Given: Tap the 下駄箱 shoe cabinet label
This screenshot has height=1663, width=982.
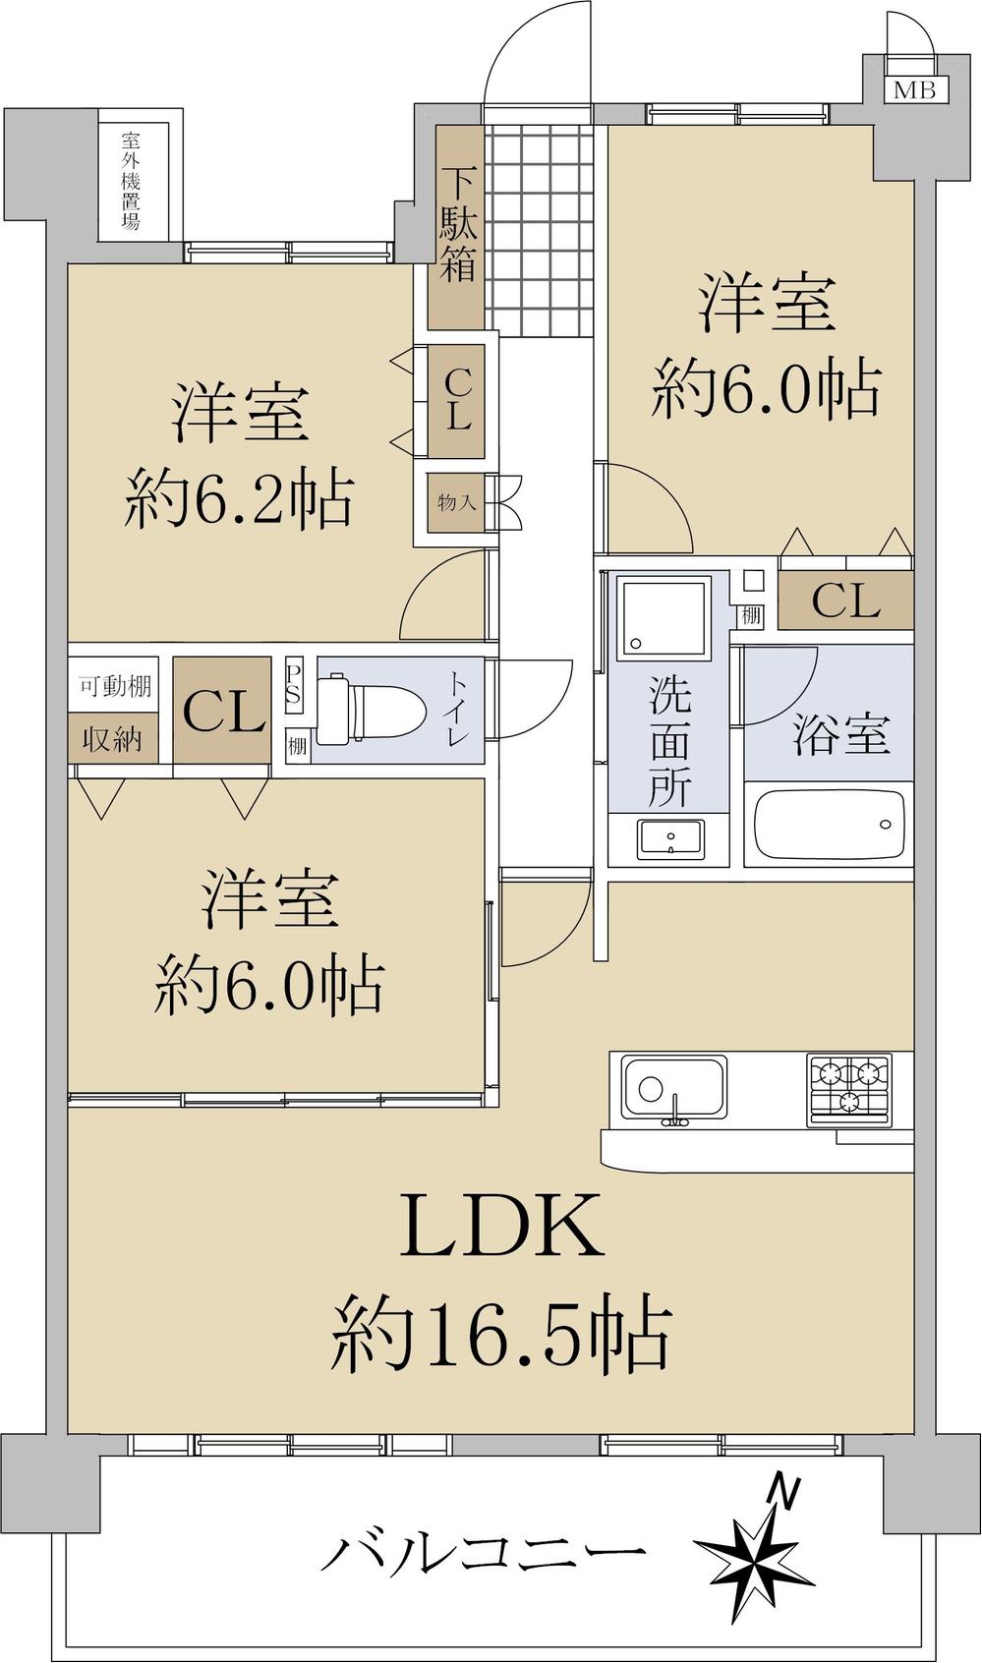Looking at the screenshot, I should coord(458,226).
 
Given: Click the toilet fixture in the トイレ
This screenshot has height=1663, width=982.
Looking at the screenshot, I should coord(375,708).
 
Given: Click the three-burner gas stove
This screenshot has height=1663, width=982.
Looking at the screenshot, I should coord(849,1089).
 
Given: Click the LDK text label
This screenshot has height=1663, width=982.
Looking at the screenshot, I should coord(500,1225).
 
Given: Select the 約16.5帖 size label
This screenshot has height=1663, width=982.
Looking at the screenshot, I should coord(500,1333).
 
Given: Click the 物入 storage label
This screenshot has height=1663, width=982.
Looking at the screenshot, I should coord(457,503).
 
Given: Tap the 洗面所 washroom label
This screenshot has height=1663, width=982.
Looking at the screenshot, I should coord(669,743).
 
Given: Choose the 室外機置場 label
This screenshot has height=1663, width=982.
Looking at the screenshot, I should coord(131,181).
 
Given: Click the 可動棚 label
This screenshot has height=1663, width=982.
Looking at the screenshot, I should coord(115,686).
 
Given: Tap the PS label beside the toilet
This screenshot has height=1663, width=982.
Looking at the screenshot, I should coord(293,682).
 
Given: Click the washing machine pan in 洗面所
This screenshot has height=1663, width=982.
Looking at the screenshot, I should coord(661,617).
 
